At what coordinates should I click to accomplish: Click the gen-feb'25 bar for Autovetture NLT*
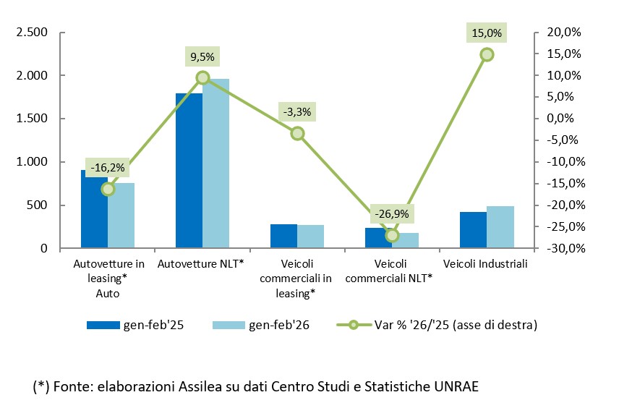(189, 171)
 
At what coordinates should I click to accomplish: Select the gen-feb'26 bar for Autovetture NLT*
(215, 163)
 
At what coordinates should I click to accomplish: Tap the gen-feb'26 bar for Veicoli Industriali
(500, 227)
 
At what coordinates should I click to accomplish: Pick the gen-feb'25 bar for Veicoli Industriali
(473, 230)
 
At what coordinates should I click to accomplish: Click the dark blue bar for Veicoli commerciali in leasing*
(283, 237)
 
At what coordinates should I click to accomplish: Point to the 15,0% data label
(487, 33)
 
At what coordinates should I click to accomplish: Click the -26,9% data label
(392, 214)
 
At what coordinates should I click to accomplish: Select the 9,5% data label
(202, 56)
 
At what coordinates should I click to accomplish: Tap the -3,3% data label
(297, 111)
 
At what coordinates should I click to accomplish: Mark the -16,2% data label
(108, 168)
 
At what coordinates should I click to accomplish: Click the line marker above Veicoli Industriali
(487, 54)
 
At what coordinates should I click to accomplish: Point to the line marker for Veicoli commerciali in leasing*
(297, 133)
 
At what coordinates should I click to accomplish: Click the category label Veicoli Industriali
(485, 264)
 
